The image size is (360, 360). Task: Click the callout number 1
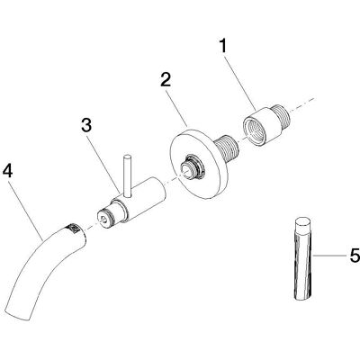[x=222, y=47]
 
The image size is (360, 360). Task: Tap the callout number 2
[x=166, y=79]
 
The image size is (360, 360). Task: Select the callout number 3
[x=86, y=125]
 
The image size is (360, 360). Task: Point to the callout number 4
[x=8, y=172]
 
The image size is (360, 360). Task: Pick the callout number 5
[x=355, y=256]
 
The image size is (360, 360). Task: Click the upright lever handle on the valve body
[x=127, y=176]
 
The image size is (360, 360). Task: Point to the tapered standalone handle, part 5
[x=303, y=257]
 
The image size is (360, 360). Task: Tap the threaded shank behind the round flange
[x=228, y=148]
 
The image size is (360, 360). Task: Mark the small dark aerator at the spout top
[x=73, y=228]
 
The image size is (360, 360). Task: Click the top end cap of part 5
[x=303, y=221]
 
